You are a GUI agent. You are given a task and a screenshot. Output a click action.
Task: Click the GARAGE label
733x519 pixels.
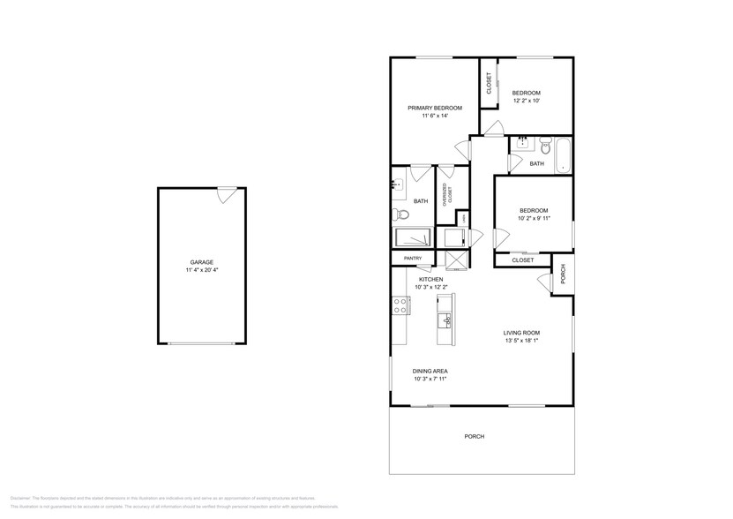click(201, 262)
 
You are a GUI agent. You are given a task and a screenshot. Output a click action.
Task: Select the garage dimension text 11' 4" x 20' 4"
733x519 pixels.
click(201, 271)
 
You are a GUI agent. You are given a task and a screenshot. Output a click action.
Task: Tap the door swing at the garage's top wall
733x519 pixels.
click(227, 194)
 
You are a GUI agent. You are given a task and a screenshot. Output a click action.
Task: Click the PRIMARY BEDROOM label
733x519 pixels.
click(435, 108)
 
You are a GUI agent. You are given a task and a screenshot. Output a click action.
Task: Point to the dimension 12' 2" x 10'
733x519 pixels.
click(527, 101)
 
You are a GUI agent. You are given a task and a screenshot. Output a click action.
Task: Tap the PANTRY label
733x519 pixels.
click(413, 258)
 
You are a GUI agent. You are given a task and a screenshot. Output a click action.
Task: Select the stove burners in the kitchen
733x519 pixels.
click(400, 305)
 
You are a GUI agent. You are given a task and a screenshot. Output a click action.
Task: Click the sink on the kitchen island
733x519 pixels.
click(446, 320)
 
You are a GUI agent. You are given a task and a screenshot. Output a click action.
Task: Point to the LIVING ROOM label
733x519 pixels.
click(521, 333)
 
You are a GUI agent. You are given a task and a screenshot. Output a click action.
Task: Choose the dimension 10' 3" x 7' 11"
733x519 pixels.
click(430, 379)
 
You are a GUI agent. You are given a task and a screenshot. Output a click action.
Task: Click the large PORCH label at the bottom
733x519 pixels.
click(475, 436)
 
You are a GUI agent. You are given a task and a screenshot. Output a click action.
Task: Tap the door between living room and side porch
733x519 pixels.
click(543, 281)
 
